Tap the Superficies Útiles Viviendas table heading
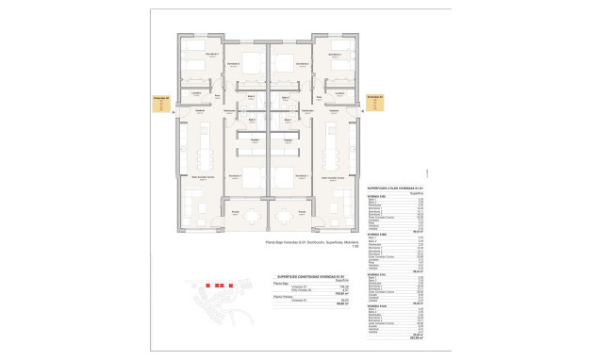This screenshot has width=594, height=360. click(x=395, y=188)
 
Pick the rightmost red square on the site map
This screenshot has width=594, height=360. click(x=230, y=283)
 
